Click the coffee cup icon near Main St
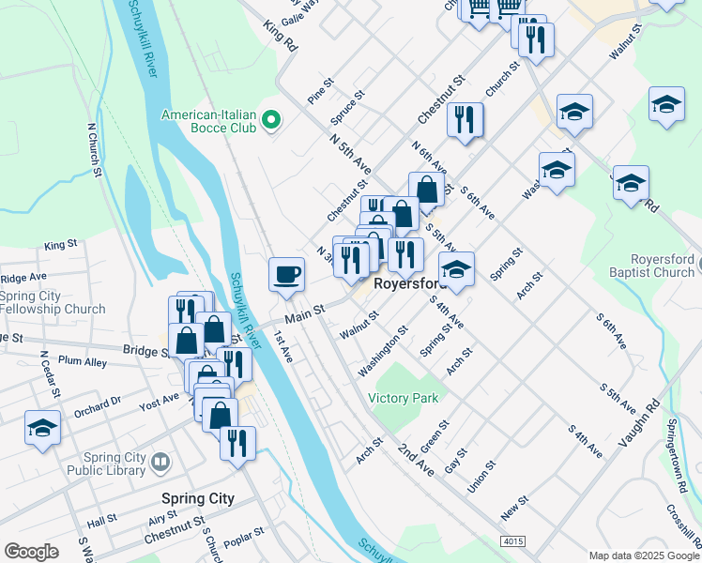[x=286, y=274]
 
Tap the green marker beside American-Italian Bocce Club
[x=271, y=119]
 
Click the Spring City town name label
[x=197, y=498]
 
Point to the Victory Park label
[x=404, y=398]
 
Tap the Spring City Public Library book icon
[x=160, y=461]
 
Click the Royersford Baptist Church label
[x=649, y=266]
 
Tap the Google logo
[x=32, y=552]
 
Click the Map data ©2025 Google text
[x=643, y=555]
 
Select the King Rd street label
[x=280, y=37]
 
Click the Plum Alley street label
[x=82, y=361]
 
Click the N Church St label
[x=94, y=149]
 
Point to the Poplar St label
[x=245, y=533]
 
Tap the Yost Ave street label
[x=159, y=398]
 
